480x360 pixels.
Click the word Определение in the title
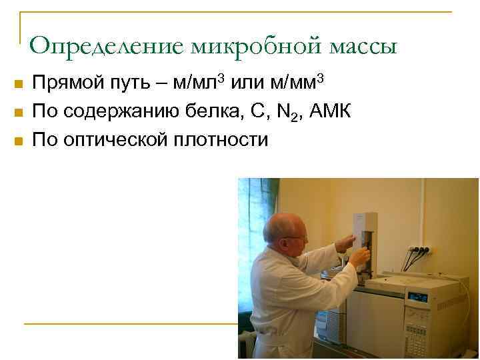(107, 46)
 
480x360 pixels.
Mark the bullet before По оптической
(18, 141)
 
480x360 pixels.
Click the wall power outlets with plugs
(421, 251)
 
